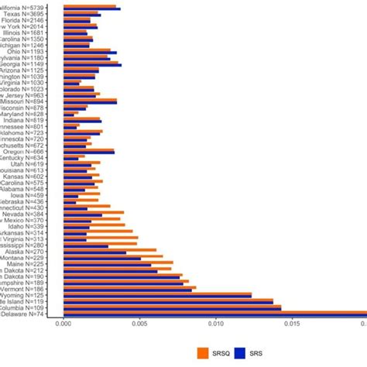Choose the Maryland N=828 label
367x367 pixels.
tap(36, 114)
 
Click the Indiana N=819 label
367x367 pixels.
tap(37, 120)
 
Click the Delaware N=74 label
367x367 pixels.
tap(36, 314)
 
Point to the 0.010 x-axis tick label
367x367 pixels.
tap(215, 327)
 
